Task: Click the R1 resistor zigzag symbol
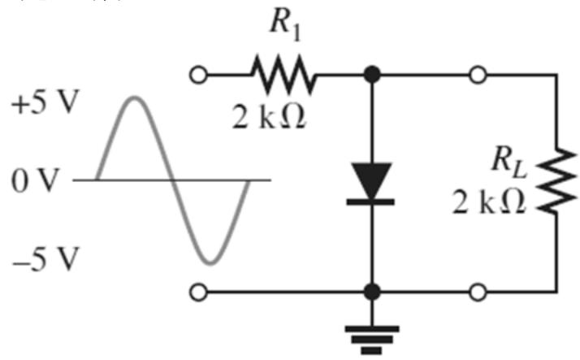(x=284, y=75)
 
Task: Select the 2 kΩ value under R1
(x=269, y=119)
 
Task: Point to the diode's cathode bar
(x=370, y=202)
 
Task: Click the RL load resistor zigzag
(x=556, y=181)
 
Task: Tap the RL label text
(x=509, y=162)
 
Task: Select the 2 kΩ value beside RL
(x=489, y=202)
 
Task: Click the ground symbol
(x=372, y=340)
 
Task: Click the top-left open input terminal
(x=199, y=75)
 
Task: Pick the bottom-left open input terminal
(x=199, y=293)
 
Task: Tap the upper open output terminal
(x=478, y=75)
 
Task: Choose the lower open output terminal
(x=478, y=293)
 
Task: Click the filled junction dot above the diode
(x=372, y=75)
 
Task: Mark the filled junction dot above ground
(x=372, y=292)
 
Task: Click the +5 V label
(x=45, y=102)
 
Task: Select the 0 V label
(x=35, y=181)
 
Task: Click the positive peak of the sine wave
(x=135, y=98)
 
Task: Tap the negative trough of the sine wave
(x=210, y=263)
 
